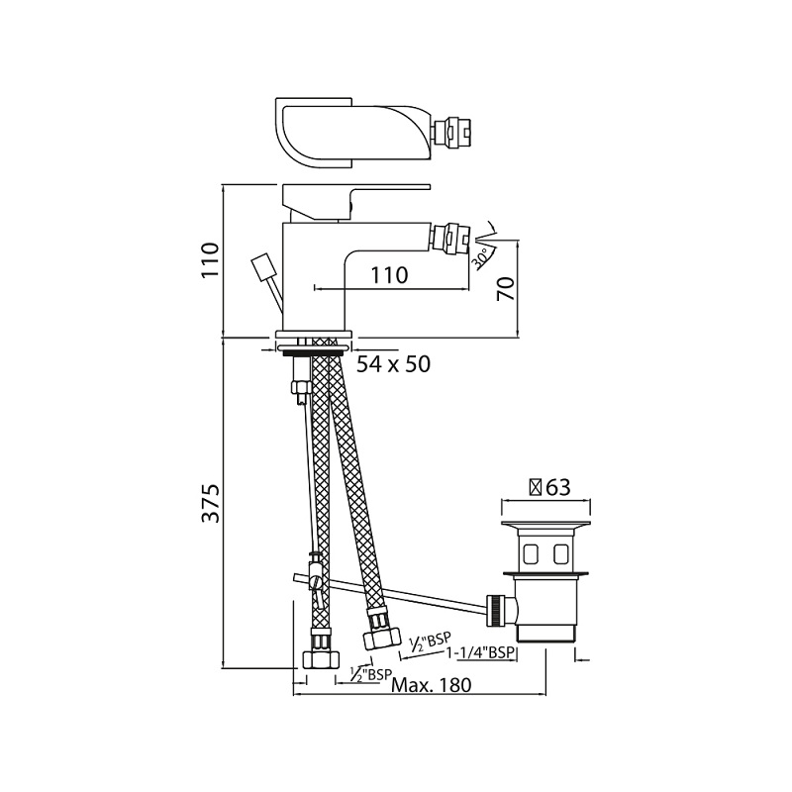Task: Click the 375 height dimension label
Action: tap(211, 503)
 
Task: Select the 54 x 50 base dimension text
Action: tap(393, 364)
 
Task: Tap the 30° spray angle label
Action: tap(480, 257)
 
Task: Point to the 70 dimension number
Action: tap(506, 289)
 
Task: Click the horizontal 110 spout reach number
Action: tap(389, 275)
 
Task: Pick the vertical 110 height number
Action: tap(211, 259)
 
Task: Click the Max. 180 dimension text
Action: tap(432, 685)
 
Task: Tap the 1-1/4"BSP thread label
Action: tap(480, 653)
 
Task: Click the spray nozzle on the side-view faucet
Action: tap(451, 236)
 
